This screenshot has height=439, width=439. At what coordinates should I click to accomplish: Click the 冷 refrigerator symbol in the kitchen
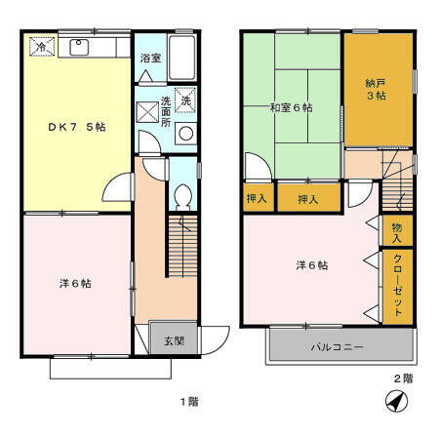(x=42, y=46)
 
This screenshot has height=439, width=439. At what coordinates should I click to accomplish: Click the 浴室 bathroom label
(x=149, y=58)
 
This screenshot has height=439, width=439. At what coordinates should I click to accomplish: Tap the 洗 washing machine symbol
(x=185, y=99)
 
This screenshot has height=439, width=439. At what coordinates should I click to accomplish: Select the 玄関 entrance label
(x=174, y=340)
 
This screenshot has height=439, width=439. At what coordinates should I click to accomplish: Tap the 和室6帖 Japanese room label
(x=290, y=107)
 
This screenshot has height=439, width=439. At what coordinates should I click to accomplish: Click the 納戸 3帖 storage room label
(x=378, y=90)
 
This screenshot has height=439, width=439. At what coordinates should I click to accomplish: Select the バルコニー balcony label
(x=338, y=346)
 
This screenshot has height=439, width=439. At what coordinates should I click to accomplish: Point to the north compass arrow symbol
(x=395, y=400)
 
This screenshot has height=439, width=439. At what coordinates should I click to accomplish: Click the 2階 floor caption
(x=402, y=378)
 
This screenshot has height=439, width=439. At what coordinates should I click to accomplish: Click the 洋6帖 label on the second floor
(x=311, y=265)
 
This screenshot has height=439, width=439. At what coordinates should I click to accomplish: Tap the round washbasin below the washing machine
(x=185, y=134)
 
